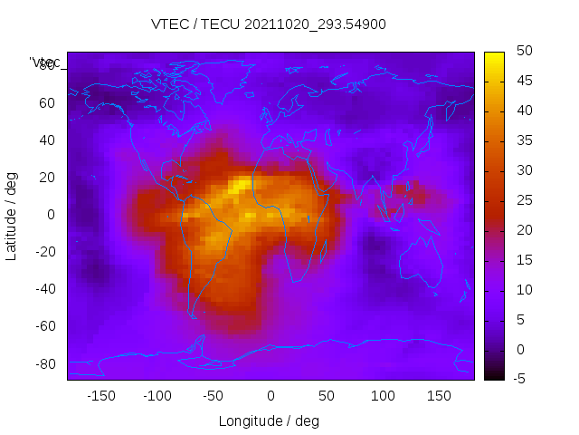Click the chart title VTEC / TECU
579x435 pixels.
tap(269, 24)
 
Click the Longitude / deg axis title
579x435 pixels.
tap(269, 420)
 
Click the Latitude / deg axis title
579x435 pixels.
tap(12, 215)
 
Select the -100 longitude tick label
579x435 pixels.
tap(157, 396)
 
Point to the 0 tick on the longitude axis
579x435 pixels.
tap(270, 396)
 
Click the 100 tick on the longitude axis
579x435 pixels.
tap(383, 396)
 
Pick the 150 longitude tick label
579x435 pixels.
tap(439, 396)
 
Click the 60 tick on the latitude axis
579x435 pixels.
tap(46, 102)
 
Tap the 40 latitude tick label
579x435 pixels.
tap(46, 140)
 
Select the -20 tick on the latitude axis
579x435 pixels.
tap(43, 252)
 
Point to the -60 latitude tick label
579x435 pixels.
tap(43, 326)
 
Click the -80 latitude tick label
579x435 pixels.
tap(43, 363)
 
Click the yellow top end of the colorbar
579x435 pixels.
tap(494, 56)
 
